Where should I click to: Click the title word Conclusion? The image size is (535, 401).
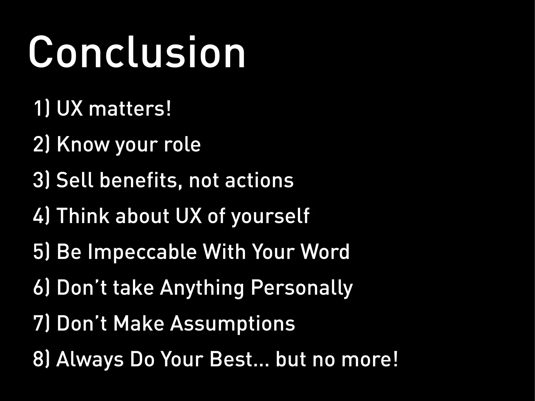pyautogui.click(x=137, y=52)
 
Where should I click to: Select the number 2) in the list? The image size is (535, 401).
pyautogui.click(x=41, y=144)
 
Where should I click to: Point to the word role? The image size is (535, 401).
pyautogui.click(x=182, y=144)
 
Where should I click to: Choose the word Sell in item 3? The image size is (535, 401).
pyautogui.click(x=75, y=180)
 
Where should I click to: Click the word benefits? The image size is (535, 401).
pyautogui.click(x=141, y=180)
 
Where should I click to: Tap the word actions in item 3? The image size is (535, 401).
pyautogui.click(x=259, y=180)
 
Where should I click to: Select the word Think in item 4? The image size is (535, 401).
pyautogui.click(x=83, y=216)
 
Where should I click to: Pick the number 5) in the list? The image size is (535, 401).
pyautogui.click(x=41, y=252)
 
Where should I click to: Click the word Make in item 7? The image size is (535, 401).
pyautogui.click(x=139, y=323)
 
